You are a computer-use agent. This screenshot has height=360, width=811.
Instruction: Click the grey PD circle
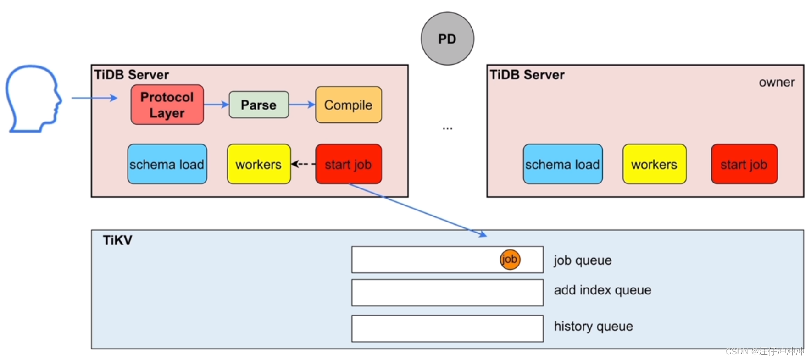point(447,39)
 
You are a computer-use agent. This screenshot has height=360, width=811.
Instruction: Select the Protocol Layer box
point(167,105)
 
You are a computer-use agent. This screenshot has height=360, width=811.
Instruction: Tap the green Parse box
point(259,105)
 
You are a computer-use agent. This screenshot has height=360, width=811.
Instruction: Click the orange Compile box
point(348,105)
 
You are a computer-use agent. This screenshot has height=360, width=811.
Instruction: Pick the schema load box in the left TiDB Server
point(167,164)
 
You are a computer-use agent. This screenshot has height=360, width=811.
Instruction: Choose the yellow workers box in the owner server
point(654,164)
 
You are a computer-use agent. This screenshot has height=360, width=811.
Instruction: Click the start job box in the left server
point(348,164)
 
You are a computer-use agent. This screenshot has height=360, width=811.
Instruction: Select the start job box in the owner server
point(744,164)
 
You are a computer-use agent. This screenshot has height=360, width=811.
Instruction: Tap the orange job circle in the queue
point(510,260)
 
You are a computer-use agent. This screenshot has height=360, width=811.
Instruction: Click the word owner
point(776,83)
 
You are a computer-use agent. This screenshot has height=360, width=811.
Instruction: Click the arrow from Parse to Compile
point(302,105)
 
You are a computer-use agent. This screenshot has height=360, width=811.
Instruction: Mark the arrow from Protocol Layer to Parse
point(216,105)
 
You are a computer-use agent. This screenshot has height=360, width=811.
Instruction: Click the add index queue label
point(602,290)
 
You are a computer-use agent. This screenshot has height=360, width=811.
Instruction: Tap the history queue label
point(593,326)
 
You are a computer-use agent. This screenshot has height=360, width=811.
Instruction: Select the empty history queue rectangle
point(447,328)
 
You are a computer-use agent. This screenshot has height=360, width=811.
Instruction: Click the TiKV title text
point(117,240)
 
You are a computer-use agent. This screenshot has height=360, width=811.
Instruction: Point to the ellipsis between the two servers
point(447,129)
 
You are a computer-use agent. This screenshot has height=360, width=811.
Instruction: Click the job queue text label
point(583,260)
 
